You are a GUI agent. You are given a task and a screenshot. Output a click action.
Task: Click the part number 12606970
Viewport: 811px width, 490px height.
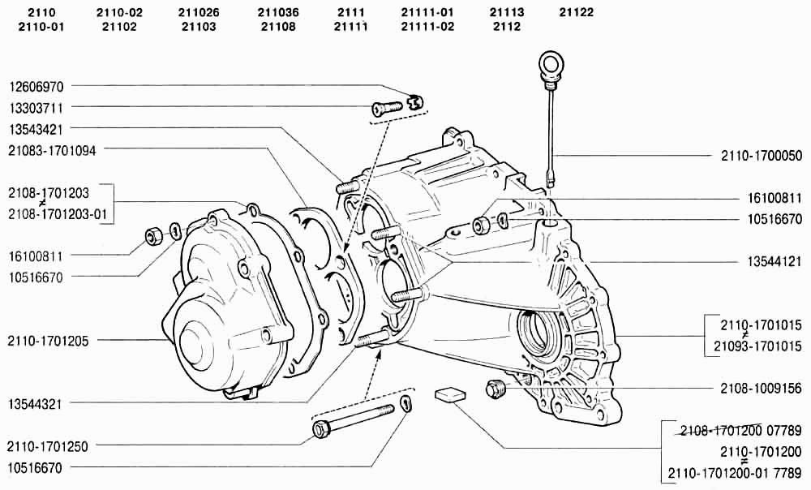point(36,86)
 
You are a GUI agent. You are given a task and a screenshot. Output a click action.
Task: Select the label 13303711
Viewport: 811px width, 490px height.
point(36,108)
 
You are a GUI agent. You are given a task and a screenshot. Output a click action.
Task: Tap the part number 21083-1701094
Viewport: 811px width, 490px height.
point(52,151)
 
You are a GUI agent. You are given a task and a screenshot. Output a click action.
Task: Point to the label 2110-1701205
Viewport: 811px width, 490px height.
point(48,341)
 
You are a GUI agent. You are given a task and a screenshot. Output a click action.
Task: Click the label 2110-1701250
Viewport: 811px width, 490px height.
point(48,446)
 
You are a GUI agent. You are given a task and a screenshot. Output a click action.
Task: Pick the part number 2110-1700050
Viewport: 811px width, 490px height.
point(762,155)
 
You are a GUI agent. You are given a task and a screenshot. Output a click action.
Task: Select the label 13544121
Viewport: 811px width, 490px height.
point(775,262)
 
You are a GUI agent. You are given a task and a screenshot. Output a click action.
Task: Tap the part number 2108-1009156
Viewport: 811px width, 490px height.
point(762,388)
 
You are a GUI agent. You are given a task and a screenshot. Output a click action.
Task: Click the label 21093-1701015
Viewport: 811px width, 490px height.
point(757,346)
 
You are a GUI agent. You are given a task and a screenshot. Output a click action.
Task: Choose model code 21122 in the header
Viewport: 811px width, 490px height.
point(576,12)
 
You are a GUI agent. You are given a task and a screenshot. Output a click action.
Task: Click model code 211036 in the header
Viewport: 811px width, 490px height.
point(278,12)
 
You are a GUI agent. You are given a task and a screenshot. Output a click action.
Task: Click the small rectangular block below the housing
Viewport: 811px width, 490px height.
point(450,394)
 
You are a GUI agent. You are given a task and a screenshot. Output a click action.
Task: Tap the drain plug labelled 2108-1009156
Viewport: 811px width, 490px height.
point(496,388)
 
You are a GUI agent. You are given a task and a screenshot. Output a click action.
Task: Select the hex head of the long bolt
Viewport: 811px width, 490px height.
point(320,429)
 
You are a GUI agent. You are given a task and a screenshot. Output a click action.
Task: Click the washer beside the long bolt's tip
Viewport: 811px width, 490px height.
point(406,402)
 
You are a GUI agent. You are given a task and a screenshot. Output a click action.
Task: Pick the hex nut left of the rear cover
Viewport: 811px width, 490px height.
point(153,236)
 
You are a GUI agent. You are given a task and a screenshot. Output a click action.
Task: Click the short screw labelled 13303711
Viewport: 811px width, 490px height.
point(386,107)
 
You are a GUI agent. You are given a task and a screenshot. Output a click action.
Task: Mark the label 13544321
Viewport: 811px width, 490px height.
point(35,403)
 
